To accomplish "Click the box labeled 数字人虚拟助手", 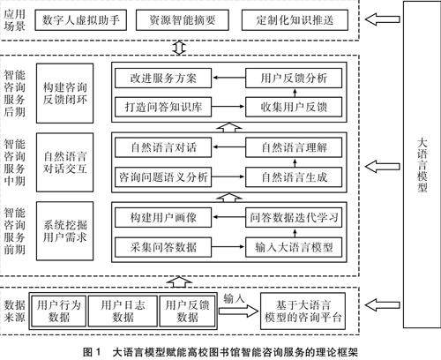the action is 81,20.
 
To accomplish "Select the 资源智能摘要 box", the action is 183,20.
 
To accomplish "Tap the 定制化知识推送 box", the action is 295,20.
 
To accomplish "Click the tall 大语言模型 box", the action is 422,165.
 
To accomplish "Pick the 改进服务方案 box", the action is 163,79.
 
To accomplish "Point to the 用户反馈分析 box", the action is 294,79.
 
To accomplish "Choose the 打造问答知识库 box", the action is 163,107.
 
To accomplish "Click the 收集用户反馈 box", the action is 294,107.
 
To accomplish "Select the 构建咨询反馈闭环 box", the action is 65,94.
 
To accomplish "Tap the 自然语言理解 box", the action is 294,147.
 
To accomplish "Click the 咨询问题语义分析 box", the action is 163,177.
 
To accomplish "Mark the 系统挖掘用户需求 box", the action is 65,231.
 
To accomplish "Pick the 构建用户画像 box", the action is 163,218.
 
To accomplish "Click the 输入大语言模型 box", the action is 294,247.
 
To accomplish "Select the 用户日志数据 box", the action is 123,311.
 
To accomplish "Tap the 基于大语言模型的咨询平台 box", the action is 303,311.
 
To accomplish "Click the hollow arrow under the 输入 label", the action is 238,311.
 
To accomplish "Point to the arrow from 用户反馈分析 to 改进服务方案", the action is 229,78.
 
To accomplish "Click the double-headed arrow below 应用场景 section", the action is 179,48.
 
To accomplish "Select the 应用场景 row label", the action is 14,20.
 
